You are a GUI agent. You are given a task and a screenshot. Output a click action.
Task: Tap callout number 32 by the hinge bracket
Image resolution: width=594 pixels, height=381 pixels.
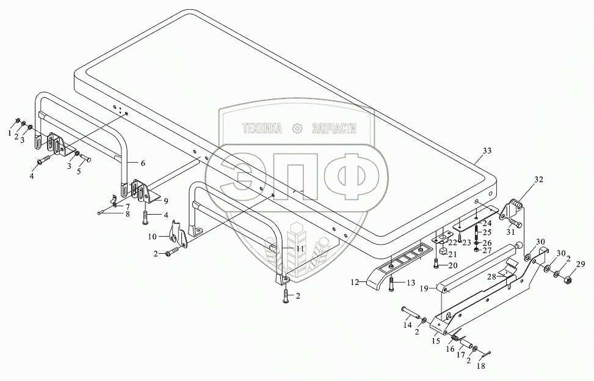coord(538,180)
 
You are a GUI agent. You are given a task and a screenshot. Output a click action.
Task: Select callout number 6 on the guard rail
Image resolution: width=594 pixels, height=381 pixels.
coord(143,163)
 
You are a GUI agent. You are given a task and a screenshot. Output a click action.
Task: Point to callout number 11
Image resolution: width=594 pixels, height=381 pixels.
coord(300,249)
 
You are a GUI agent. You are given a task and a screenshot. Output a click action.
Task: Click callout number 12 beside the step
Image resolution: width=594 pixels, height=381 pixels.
coord(355,283)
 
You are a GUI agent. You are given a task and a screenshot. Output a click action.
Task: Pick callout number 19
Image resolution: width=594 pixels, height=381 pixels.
coord(424,289)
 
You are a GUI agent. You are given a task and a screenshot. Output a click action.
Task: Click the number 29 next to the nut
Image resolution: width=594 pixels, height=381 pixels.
coord(580,265)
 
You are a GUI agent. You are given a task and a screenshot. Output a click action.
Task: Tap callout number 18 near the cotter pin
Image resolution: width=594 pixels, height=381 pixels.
coord(480,366)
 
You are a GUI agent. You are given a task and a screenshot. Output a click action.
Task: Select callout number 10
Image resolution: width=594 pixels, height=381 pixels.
coord(152,237)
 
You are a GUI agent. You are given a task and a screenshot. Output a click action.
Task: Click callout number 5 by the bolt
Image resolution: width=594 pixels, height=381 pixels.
coord(79,171)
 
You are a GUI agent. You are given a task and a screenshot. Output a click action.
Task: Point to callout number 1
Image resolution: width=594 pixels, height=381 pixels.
coord(10,133)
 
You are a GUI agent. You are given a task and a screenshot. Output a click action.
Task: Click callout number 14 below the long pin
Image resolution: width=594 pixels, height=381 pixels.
coord(407,325)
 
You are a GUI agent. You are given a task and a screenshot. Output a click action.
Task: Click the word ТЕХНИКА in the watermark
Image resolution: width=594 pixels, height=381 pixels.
coord(262,128)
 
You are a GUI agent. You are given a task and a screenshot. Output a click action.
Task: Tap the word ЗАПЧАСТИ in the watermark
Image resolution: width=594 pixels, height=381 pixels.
coord(334,128)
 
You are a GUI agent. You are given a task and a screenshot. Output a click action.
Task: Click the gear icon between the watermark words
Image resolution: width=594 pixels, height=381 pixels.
coord(297,128)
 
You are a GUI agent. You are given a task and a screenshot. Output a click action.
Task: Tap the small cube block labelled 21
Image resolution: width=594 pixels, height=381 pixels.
coord(443,251)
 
